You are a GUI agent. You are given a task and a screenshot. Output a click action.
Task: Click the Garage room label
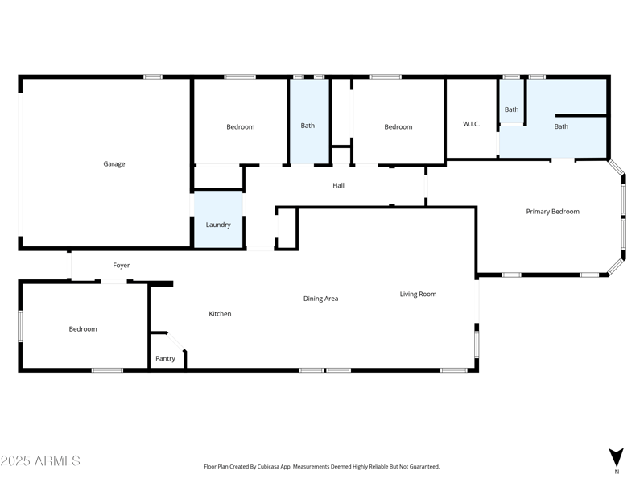114,164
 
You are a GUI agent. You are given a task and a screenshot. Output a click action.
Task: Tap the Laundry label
218,225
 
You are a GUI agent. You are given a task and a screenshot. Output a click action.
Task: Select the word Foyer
121,266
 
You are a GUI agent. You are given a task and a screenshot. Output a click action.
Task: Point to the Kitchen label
220,314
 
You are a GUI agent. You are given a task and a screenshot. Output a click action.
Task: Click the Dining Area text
320,299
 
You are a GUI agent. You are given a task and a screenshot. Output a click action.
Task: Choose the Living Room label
418,295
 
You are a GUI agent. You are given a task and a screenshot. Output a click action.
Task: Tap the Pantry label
165,359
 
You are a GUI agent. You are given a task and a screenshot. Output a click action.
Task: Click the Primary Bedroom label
552,212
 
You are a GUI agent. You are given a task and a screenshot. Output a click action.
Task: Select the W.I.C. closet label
471,124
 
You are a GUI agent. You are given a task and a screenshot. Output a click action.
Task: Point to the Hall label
338,186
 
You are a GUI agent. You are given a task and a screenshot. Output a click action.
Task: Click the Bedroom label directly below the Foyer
82,329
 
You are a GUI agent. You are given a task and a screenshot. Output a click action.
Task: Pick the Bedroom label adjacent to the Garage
240,127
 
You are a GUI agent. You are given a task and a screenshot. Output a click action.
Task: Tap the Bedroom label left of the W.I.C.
398,127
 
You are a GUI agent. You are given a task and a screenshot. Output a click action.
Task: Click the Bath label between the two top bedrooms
308,126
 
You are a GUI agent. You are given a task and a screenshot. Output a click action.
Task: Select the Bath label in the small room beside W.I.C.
511,109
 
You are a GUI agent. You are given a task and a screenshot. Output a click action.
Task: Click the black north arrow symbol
616,456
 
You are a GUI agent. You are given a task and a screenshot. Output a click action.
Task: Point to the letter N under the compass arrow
617,472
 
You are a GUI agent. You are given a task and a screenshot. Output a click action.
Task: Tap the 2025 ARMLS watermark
40,461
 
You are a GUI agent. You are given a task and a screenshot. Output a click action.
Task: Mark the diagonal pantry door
176,341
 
